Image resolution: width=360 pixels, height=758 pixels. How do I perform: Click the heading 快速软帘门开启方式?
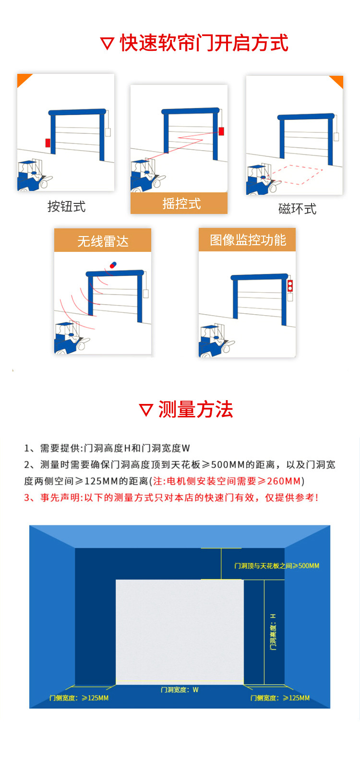tap(204, 43)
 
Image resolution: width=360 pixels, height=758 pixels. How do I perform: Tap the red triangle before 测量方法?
tap(145, 410)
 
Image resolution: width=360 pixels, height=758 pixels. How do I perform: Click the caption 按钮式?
tap(66, 207)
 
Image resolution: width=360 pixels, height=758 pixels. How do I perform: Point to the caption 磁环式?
tap(297, 209)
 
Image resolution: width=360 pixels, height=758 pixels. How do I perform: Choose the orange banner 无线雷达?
tap(103, 241)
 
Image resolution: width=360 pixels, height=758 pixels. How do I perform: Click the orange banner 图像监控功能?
tap(248, 240)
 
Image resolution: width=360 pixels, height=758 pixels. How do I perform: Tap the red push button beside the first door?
tap(48, 142)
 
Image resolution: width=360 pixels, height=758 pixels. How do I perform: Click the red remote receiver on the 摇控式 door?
tap(221, 131)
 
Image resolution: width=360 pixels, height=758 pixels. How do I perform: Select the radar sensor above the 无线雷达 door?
tap(113, 264)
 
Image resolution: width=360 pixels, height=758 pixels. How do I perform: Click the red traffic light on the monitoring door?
tap(290, 286)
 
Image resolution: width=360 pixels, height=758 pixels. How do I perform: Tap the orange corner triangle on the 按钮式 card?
tap(24, 80)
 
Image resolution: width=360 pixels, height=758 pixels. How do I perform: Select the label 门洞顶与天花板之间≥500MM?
tap(276, 566)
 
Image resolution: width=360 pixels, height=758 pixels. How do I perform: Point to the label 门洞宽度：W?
tap(180, 690)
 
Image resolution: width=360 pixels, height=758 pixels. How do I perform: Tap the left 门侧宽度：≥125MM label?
tap(79, 698)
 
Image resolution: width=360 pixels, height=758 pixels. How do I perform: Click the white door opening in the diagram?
tap(180, 631)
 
